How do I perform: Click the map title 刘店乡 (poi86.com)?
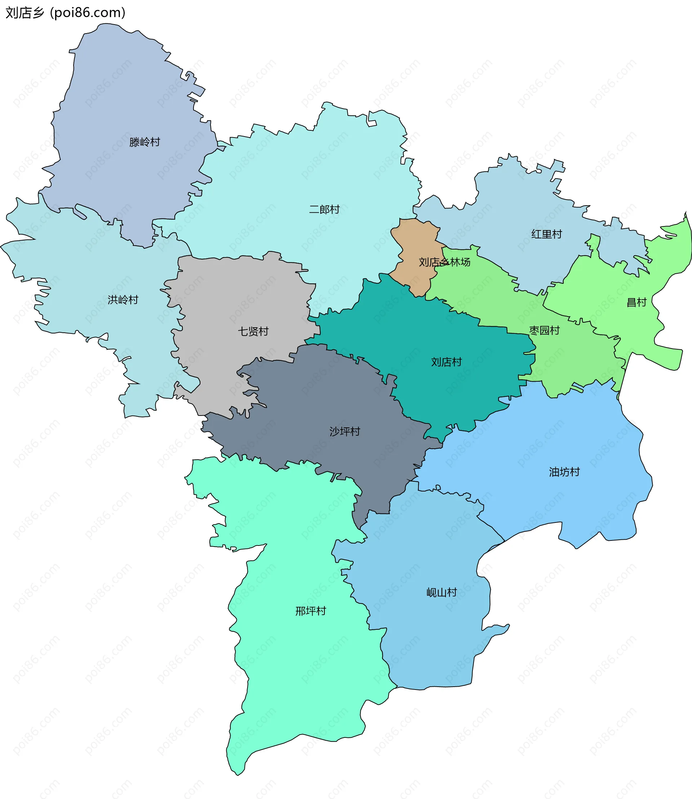pos(65,13)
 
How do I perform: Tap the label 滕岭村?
pos(145,142)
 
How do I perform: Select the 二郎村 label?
pos(324,210)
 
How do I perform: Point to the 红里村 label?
pos(546,234)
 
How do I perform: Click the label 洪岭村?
pos(123,300)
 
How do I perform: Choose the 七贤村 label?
pos(253,331)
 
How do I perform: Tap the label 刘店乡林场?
pos(444,262)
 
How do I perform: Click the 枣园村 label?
pos(544,331)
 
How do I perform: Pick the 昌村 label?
pos(636,302)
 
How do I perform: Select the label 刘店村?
pos(447,362)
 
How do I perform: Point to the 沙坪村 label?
pos(345,431)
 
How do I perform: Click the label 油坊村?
pos(564,472)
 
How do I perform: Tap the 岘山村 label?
pos(442,593)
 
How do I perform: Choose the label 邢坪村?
pos(310,611)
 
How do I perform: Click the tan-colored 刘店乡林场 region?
pos(415,239)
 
